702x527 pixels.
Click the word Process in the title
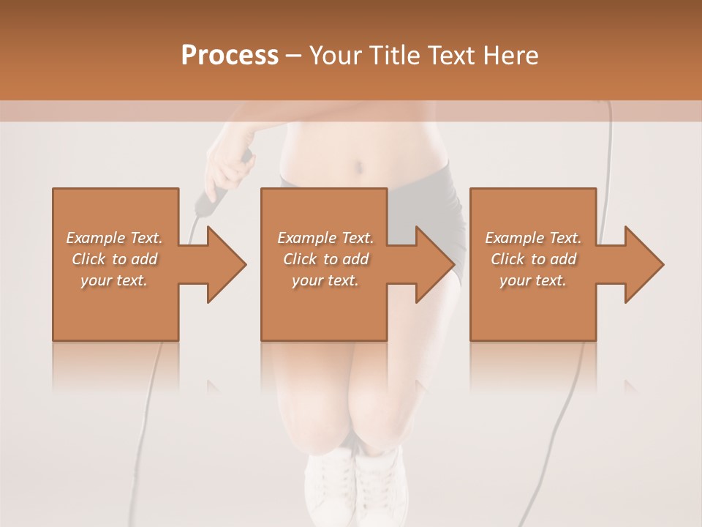click(x=230, y=56)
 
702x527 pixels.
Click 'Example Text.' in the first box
click(x=114, y=238)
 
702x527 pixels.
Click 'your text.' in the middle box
click(x=325, y=280)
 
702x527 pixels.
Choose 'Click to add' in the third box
click(x=534, y=259)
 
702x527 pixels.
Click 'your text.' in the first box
click(x=114, y=280)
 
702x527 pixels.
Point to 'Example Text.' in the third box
click(x=533, y=238)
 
